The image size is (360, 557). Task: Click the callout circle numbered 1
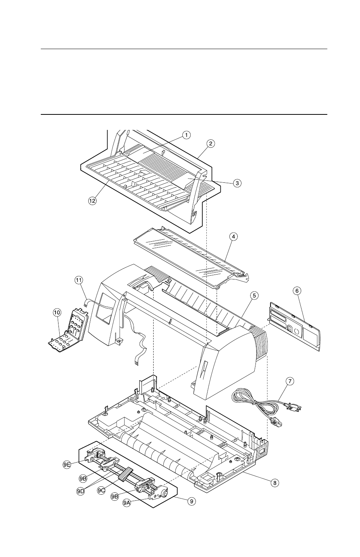click(x=186, y=134)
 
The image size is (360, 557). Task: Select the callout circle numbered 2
click(x=211, y=143)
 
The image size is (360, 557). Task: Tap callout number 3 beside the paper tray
click(x=237, y=183)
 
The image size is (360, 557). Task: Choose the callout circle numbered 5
click(x=254, y=295)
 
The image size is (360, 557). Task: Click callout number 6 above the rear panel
click(x=297, y=290)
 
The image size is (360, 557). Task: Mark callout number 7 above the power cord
click(x=289, y=381)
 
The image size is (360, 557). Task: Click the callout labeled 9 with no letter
click(x=192, y=501)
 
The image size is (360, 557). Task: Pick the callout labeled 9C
click(x=102, y=490)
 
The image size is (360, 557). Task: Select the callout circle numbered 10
click(x=57, y=312)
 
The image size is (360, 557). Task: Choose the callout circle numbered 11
click(x=78, y=280)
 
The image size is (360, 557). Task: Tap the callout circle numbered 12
click(x=92, y=201)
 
